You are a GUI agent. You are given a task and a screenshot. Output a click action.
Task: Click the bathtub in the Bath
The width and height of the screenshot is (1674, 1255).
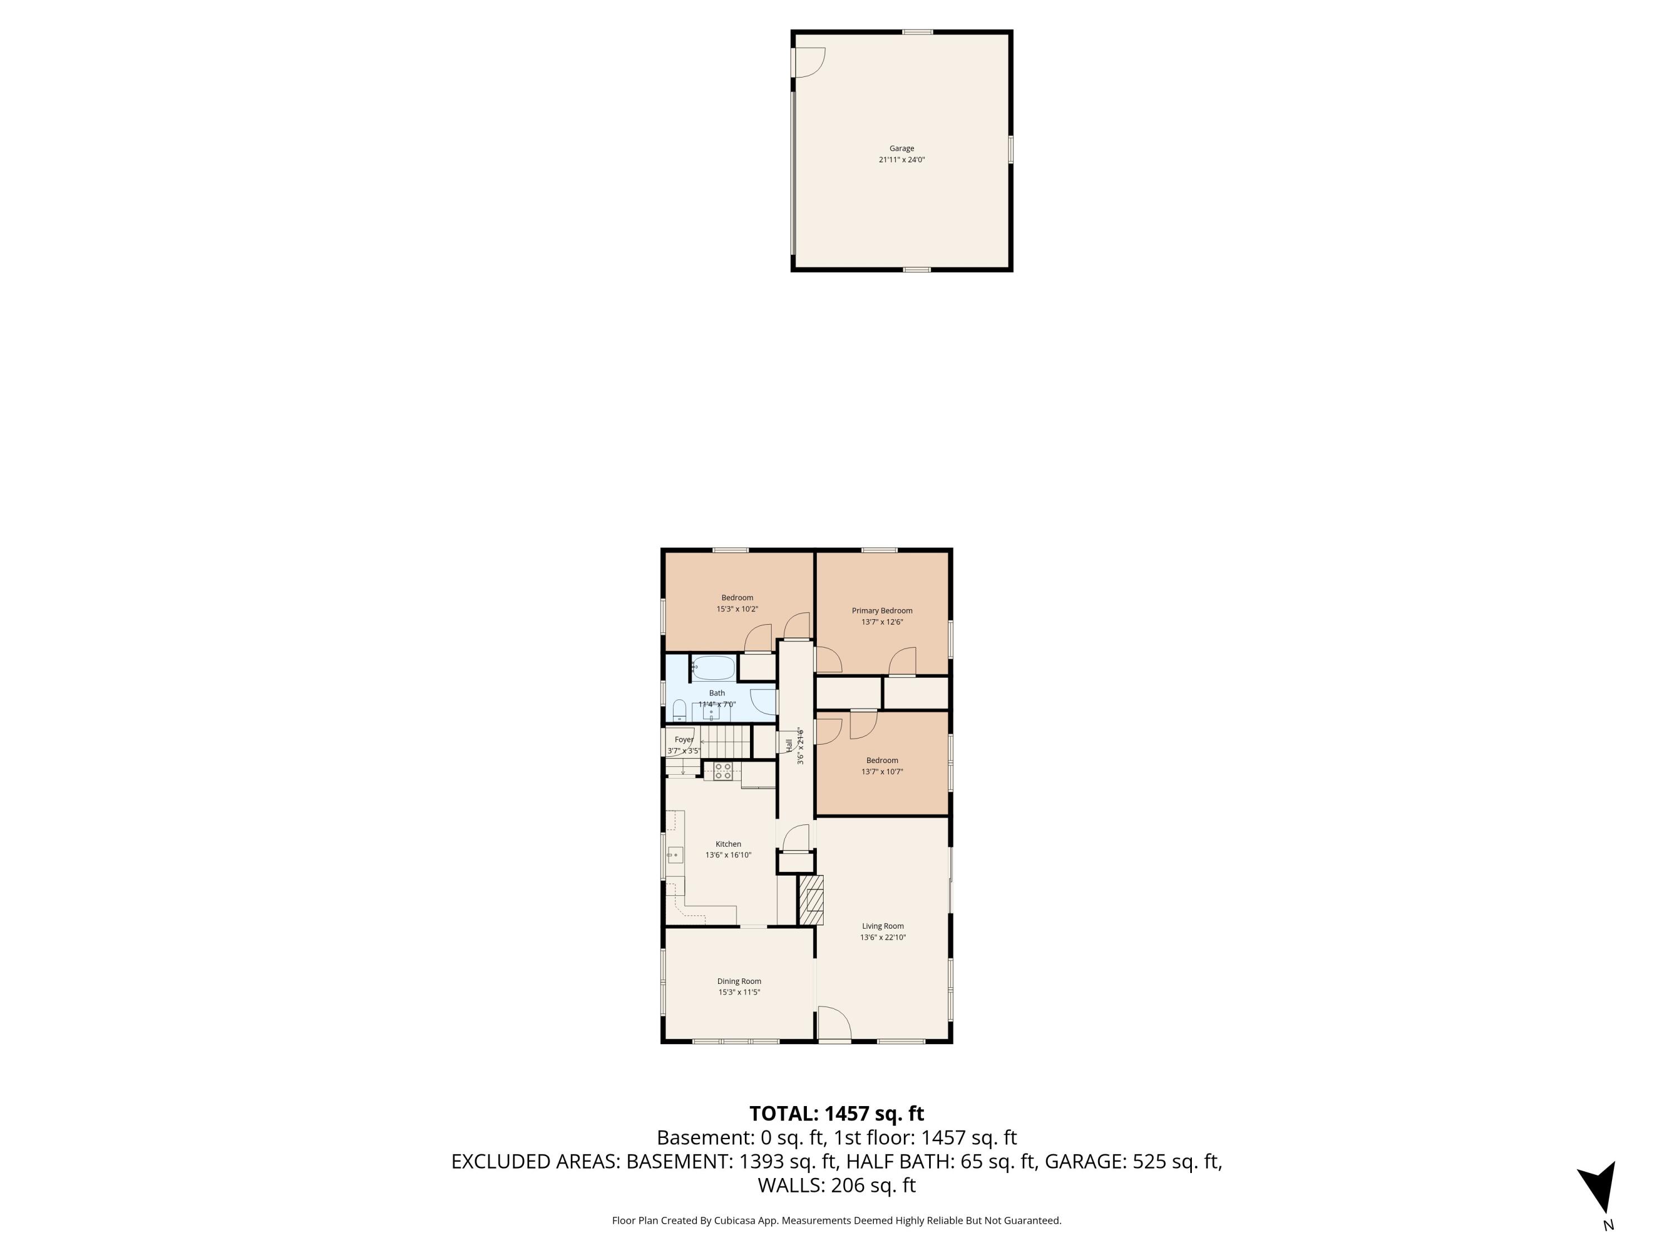pos(714,668)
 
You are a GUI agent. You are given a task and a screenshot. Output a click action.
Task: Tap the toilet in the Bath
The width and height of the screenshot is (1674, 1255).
pos(679,711)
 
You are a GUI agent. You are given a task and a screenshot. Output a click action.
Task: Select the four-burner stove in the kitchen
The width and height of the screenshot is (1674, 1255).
pos(723,771)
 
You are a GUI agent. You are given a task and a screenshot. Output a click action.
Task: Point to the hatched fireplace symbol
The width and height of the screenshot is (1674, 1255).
pos(811,900)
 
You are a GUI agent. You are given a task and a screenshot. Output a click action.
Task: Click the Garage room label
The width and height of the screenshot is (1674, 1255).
pos(901,148)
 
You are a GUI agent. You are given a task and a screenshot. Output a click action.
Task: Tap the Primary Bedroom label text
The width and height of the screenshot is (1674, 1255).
pos(882,610)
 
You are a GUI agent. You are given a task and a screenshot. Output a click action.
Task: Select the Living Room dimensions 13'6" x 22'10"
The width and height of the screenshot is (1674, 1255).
pos(882,937)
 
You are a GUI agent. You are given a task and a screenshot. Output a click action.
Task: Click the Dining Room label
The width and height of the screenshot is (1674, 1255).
pos(739,981)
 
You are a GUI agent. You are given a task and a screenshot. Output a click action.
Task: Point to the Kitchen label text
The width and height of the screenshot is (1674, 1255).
pos(728,844)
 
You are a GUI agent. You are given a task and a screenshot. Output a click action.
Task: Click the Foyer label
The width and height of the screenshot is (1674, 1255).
pos(684,740)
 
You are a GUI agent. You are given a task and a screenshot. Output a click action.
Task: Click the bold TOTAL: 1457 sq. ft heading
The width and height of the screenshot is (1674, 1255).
pos(836,1113)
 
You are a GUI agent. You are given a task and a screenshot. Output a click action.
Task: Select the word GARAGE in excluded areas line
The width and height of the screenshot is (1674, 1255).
pos(1085,1161)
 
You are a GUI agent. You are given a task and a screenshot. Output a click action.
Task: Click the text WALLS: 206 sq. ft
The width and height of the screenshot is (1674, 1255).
pos(836,1185)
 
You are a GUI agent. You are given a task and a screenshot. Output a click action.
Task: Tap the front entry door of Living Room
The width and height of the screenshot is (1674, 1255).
pos(835,1025)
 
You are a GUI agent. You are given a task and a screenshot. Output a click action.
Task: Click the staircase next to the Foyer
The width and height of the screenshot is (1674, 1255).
pos(724,741)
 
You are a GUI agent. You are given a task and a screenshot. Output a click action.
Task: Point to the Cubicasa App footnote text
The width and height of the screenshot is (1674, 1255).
pos(836,1220)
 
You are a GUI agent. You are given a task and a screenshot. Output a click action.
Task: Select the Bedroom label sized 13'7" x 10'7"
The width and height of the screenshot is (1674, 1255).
pos(882,760)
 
